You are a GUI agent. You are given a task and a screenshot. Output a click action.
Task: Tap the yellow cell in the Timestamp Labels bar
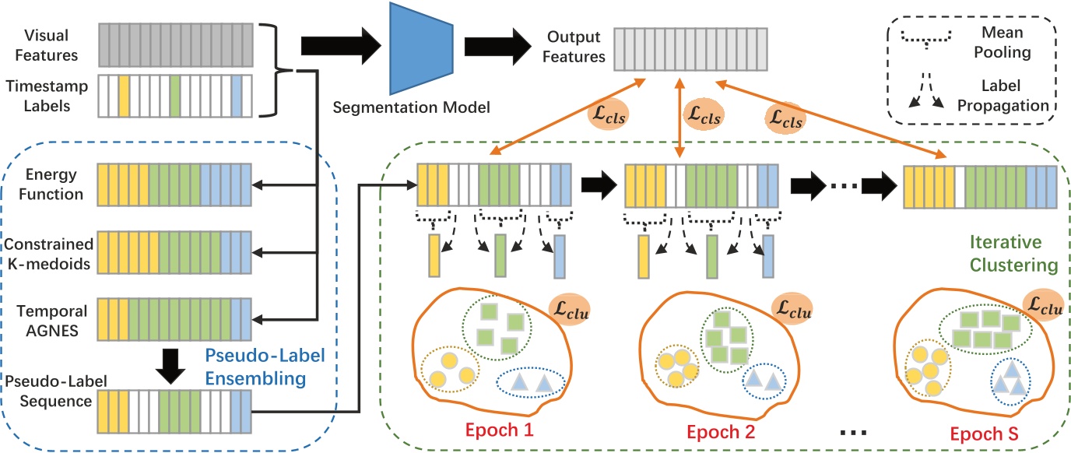click(x=123, y=95)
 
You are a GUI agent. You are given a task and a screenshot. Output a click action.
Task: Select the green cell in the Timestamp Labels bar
click(x=174, y=95)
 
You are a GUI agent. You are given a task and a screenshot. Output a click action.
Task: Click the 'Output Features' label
click(x=575, y=47)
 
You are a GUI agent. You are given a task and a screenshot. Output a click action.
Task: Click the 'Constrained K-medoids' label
click(x=50, y=254)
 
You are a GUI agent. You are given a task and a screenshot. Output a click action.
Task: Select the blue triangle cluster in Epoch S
click(x=1010, y=379)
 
